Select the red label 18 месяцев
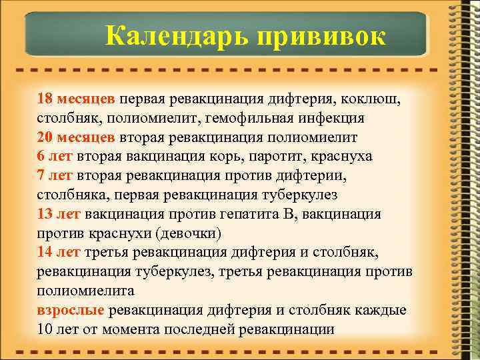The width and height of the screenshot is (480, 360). coord(77,99)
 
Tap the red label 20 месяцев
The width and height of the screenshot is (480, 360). coord(77,137)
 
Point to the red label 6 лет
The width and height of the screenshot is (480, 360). coord(55,157)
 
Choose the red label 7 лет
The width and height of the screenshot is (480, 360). coord(55,175)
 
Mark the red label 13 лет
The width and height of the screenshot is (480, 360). coord(59,214)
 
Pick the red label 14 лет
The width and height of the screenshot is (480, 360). coord(59,252)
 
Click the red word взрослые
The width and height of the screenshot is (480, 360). coord(71,310)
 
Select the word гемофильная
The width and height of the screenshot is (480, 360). coord(259,118)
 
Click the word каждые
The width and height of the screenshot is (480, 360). coord(381,310)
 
